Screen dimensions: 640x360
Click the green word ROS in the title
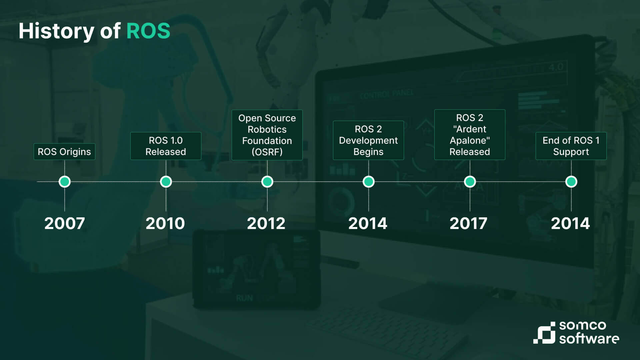(148, 31)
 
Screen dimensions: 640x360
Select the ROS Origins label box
(64, 152)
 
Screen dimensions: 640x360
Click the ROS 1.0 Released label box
(166, 146)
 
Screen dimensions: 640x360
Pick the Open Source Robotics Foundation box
(267, 135)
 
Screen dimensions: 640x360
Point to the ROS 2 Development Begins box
(368, 140)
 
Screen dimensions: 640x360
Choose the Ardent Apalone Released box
(470, 135)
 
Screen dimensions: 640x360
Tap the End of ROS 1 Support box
(571, 146)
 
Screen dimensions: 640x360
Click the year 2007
(65, 223)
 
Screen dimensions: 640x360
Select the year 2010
(165, 223)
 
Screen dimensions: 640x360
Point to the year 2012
(266, 223)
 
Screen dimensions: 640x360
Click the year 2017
(469, 223)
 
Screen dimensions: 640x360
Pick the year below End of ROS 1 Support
(570, 223)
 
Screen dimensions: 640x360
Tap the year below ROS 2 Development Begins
(368, 223)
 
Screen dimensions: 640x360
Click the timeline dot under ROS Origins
(65, 182)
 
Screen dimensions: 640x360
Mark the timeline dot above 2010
(166, 182)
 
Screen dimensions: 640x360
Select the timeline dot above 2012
(267, 182)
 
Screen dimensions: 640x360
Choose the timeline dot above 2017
(470, 182)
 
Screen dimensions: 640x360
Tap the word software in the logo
(589, 339)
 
